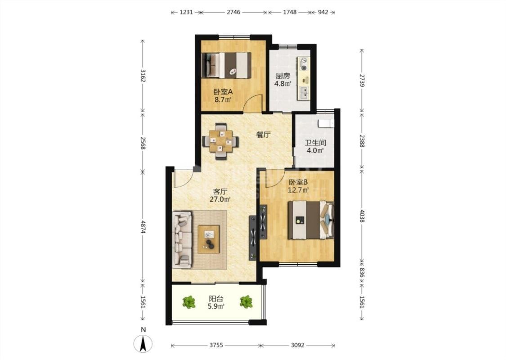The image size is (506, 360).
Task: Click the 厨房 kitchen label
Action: tap(283, 76)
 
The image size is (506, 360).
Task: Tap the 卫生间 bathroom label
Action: tap(315, 143)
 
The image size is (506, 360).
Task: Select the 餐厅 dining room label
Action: tap(263, 135)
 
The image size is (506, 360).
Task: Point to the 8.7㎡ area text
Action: tap(223, 99)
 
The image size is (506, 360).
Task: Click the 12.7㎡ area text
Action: tap(298, 190)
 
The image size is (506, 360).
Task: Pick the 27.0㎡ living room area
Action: tap(220, 199)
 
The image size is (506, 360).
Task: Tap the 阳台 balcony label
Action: tap(216, 299)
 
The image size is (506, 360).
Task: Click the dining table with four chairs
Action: tap(221, 141)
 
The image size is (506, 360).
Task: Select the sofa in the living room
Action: tap(182, 239)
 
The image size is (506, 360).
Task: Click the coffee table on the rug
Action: tap(208, 239)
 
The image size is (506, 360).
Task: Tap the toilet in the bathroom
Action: tap(326, 123)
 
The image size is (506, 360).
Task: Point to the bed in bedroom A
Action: tap(227, 65)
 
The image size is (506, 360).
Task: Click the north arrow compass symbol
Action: tap(143, 343)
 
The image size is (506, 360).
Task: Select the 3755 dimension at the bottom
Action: tap(216, 345)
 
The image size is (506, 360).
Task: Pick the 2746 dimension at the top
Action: tap(233, 12)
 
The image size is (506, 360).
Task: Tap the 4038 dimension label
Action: tap(362, 216)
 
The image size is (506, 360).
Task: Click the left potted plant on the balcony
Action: tap(189, 302)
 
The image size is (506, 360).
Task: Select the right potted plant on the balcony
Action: tap(246, 302)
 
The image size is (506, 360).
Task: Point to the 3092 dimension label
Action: tap(298, 345)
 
